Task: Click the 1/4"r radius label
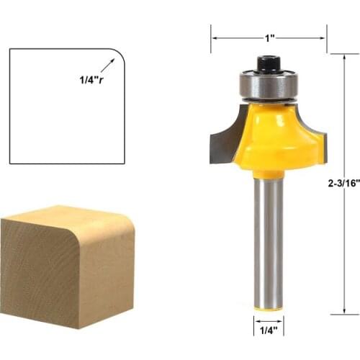pyautogui.click(x=91, y=80)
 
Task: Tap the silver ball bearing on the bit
pyautogui.click(x=268, y=85)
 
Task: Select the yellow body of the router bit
pyautogui.click(x=274, y=137)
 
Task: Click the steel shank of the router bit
pyautogui.click(x=268, y=238)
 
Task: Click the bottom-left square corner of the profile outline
pyautogui.click(x=10, y=163)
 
